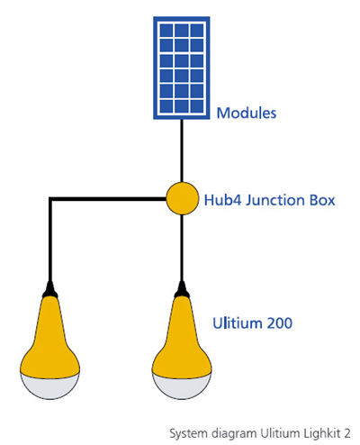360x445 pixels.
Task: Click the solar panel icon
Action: point(182,68)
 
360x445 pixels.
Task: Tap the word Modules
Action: point(247,114)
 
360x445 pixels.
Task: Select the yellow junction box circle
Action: point(183,198)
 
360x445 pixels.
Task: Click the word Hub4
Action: point(222,200)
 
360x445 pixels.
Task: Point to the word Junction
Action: point(274,200)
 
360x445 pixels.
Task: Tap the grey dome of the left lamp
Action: point(50,387)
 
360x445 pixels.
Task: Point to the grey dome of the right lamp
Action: point(182,387)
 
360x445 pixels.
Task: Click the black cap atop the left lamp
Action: point(50,290)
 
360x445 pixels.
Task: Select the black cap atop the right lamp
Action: point(182,290)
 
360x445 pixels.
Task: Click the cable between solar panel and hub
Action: point(182,150)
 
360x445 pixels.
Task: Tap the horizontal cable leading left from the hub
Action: point(108,199)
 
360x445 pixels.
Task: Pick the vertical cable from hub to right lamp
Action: point(182,248)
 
